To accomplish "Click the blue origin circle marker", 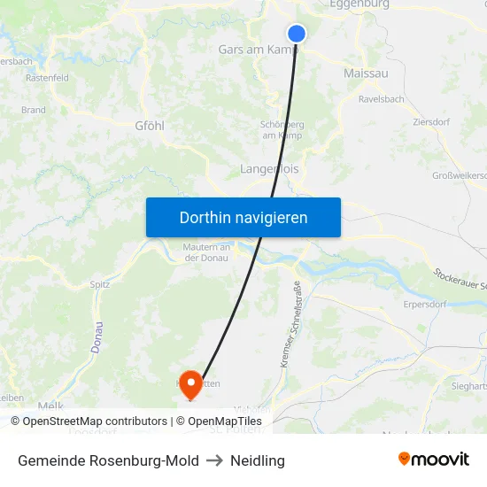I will point(297,34).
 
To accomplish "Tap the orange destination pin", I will point(190,384).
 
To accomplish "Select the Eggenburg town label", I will point(359,4).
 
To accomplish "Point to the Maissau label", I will point(366,73).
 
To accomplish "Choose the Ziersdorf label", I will point(432,122).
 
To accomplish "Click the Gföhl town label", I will point(149,126).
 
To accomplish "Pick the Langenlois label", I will point(270,168).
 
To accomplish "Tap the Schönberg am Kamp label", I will point(282,130).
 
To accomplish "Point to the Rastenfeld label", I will point(48,78).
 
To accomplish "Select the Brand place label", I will point(34,111).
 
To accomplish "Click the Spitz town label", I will point(100,285).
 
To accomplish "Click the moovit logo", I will point(433,460).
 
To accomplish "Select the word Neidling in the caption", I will point(258,460).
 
